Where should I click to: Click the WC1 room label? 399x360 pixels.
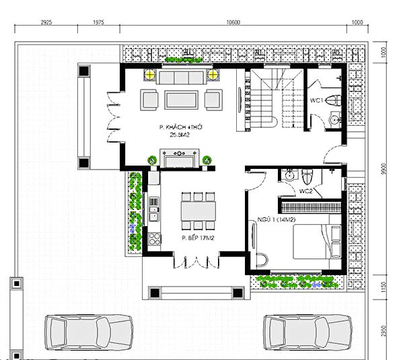pos(316,100)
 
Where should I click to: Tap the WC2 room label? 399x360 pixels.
pos(305,191)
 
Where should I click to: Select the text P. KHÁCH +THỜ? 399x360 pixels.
pos(181,127)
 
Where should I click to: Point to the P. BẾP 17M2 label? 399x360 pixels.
pos(198,238)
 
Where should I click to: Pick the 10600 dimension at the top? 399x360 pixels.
pos(233,22)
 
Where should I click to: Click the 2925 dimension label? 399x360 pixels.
pos(46,22)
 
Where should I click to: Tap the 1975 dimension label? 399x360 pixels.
pos(98,22)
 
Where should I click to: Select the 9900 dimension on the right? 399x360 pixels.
pos(384,169)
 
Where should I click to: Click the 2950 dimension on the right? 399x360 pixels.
pos(384,331)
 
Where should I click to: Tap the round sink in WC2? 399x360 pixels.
pos(289,176)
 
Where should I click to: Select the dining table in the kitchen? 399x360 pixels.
pos(198,211)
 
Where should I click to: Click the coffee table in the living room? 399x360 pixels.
pos(181,100)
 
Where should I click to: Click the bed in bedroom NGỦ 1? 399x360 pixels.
pos(317,242)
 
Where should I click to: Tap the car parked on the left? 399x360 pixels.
pos(89,332)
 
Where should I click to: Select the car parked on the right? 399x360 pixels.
pos(307,332)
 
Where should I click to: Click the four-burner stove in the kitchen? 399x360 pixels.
pos(155,239)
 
